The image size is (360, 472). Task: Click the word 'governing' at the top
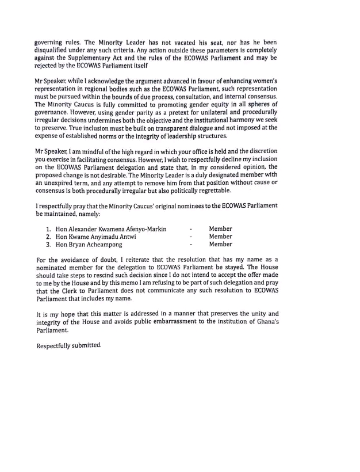(51, 42)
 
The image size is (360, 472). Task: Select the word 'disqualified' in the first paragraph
(55, 50)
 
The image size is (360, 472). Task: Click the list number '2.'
(49, 236)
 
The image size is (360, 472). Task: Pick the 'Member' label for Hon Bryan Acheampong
(220, 244)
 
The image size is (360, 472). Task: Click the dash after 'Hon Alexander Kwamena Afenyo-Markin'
(190, 229)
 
